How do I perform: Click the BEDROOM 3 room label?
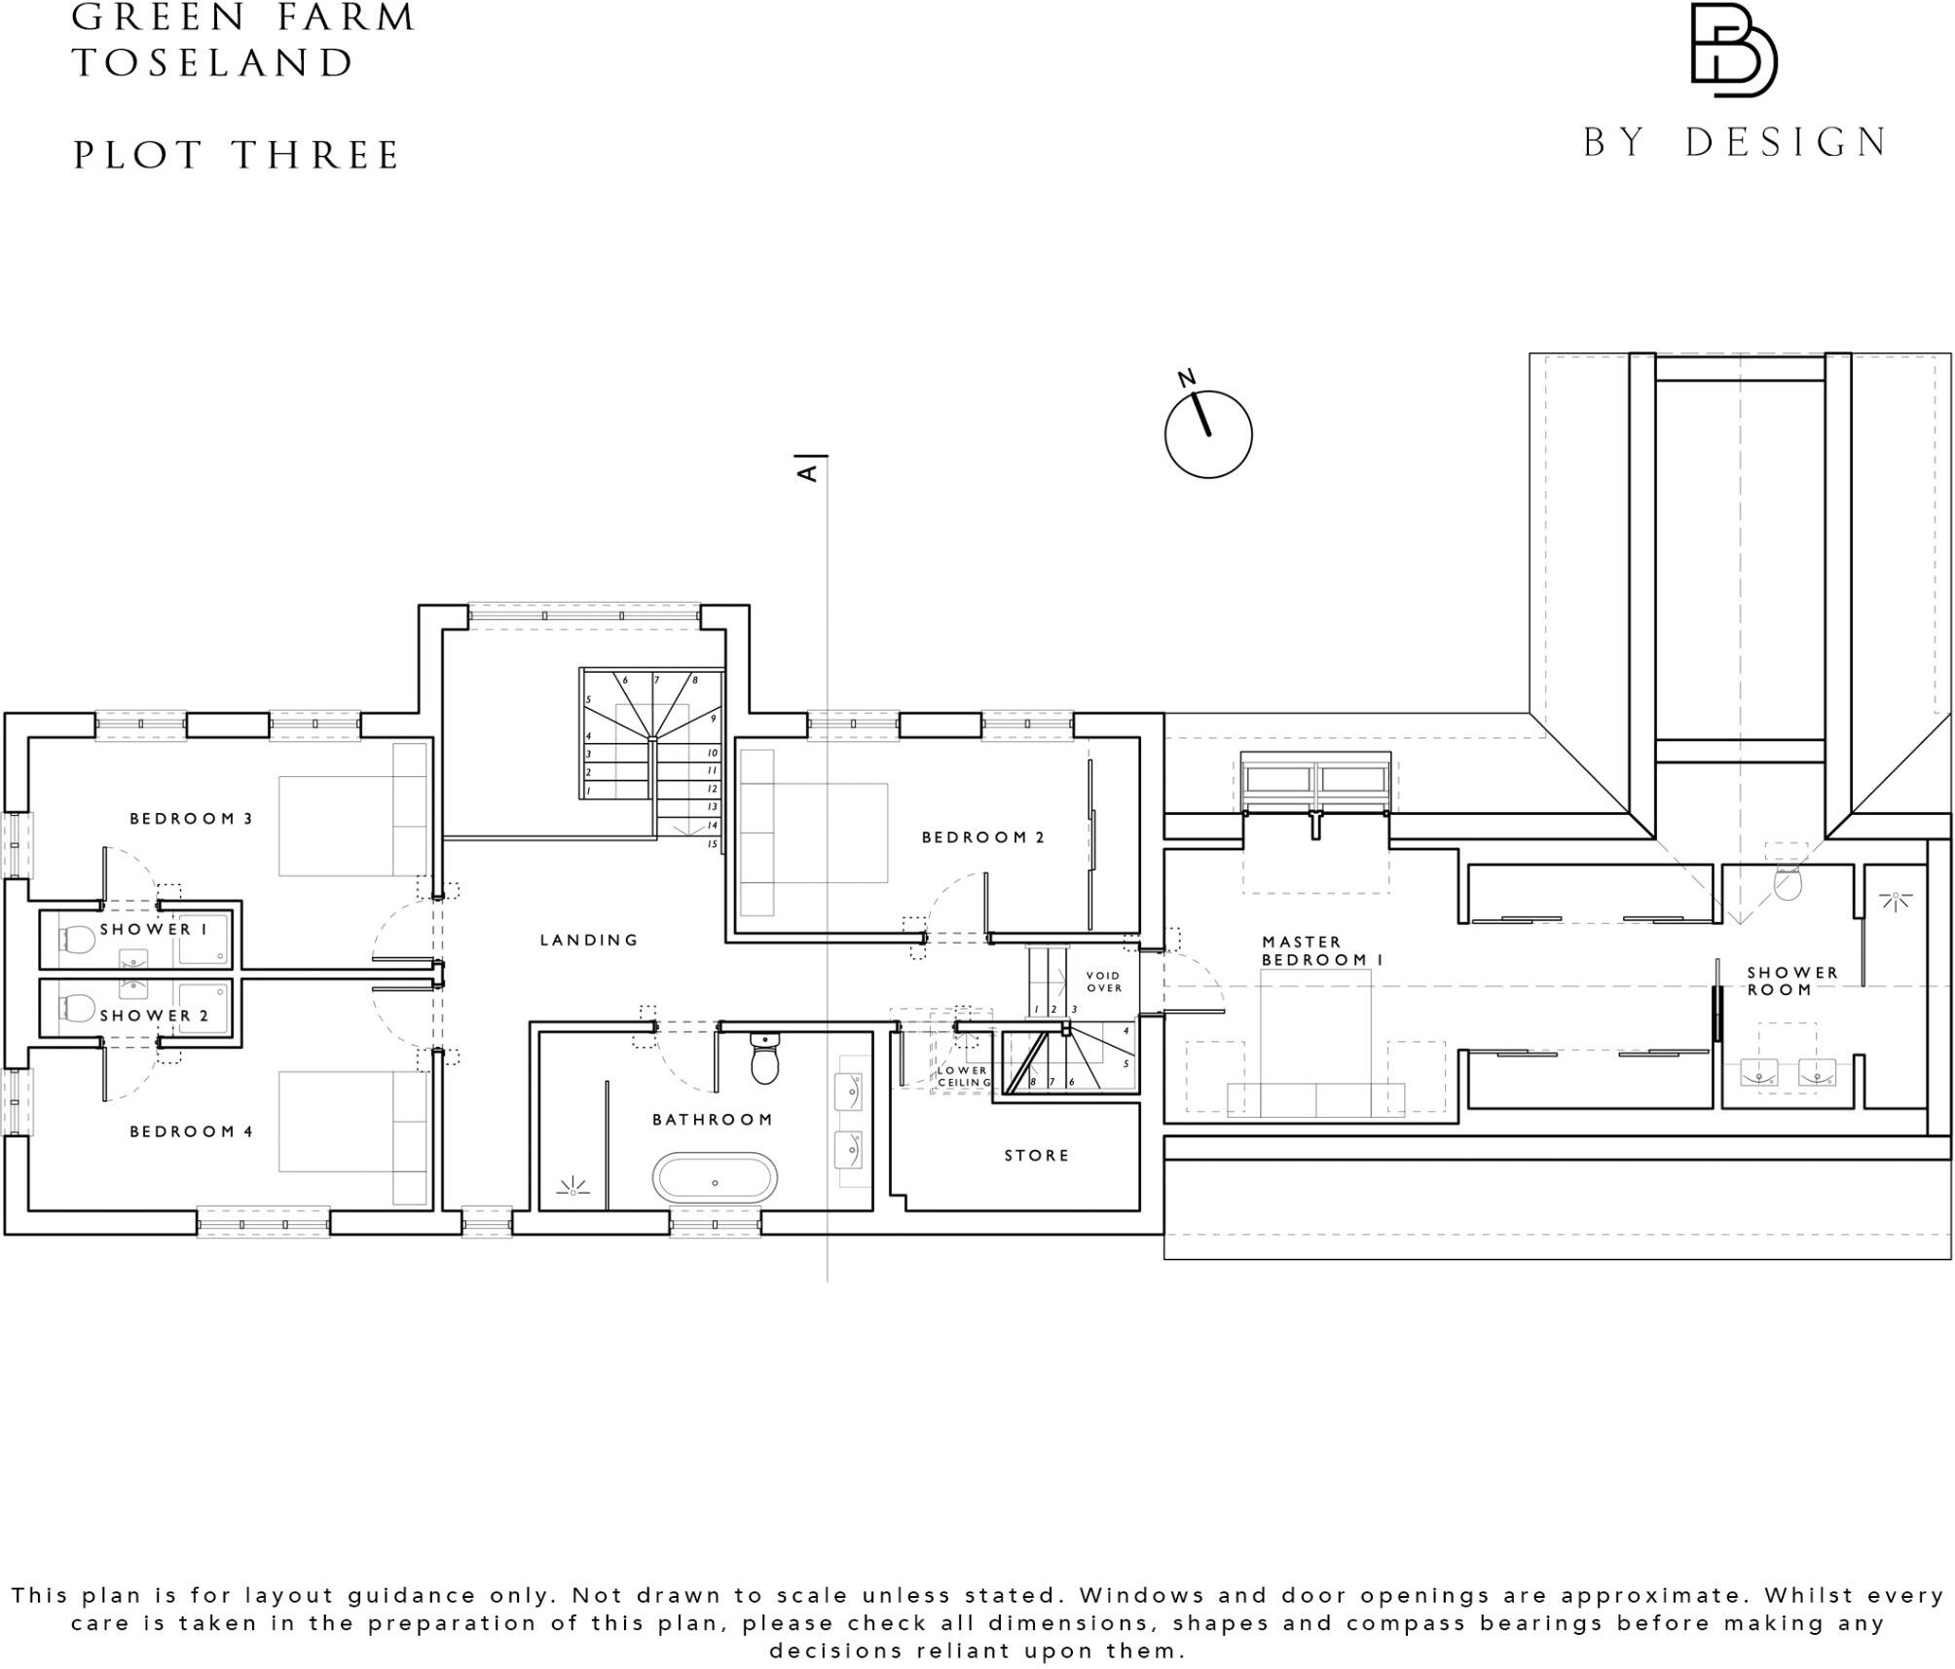click(x=191, y=819)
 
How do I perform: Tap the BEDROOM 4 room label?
click(x=191, y=1131)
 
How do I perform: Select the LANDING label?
click(x=589, y=940)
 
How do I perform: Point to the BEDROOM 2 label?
click(x=982, y=837)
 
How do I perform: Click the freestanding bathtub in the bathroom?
click(x=715, y=1179)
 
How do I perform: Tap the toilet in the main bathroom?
click(x=765, y=1060)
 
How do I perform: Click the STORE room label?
click(x=1037, y=1156)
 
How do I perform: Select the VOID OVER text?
click(x=1104, y=982)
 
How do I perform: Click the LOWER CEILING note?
click(x=963, y=1076)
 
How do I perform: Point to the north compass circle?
click(x=1208, y=434)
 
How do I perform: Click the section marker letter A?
click(x=807, y=473)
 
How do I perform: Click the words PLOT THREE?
click(x=237, y=156)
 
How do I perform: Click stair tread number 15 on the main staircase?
click(x=712, y=844)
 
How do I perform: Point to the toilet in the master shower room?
click(x=1788, y=883)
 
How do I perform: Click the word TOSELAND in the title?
click(x=213, y=63)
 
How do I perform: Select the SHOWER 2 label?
click(x=154, y=1016)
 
